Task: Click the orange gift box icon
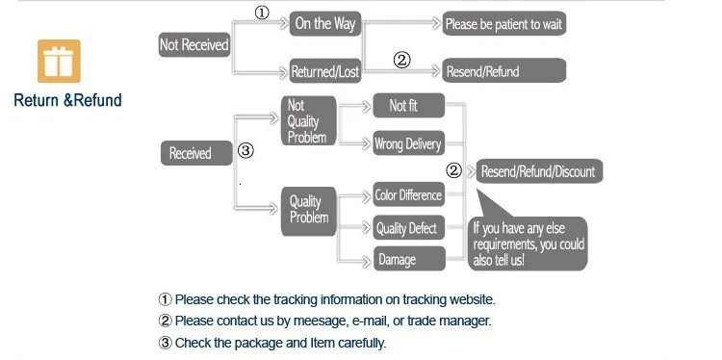(x=59, y=61)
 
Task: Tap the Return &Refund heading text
(x=67, y=100)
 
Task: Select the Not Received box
(x=194, y=44)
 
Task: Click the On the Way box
(x=325, y=24)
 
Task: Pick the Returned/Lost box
(x=325, y=71)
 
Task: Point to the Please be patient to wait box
(x=504, y=23)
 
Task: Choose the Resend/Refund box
(x=504, y=70)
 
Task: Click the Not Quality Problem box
(x=308, y=120)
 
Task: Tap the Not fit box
(x=409, y=106)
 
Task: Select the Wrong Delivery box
(x=409, y=143)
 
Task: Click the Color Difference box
(x=409, y=194)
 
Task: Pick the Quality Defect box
(x=409, y=227)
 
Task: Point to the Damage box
(x=409, y=259)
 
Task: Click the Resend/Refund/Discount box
(x=539, y=171)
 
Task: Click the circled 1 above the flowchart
(x=262, y=13)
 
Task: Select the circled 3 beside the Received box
(x=245, y=150)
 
